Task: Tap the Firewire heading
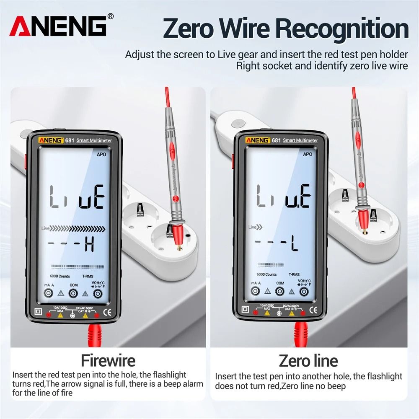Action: [x=108, y=360]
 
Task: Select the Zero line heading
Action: [x=308, y=360]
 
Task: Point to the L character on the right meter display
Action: [x=295, y=244]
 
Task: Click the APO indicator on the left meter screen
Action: [x=101, y=155]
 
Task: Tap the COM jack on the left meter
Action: [x=73, y=294]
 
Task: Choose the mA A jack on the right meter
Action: [x=256, y=292]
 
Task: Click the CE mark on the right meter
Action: [x=313, y=310]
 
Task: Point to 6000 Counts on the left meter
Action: [x=60, y=276]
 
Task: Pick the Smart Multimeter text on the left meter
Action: [x=95, y=141]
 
